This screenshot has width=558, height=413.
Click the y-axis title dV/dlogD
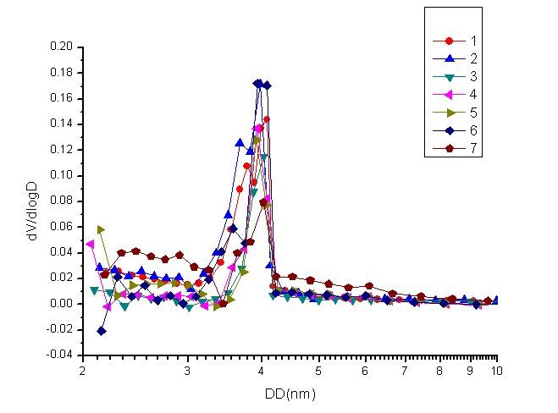click(x=31, y=201)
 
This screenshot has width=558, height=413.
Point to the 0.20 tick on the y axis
click(x=61, y=47)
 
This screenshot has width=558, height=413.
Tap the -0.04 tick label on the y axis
click(x=59, y=355)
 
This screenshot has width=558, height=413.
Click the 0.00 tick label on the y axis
click(x=61, y=304)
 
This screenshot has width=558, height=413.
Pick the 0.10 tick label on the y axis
click(x=61, y=176)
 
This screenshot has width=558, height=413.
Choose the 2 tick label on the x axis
click(x=82, y=371)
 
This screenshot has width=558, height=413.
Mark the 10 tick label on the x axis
click(x=496, y=371)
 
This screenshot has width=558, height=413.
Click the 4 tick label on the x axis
click(x=262, y=371)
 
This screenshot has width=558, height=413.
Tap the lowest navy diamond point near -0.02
click(x=102, y=331)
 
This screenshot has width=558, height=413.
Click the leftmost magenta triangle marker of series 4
click(x=91, y=245)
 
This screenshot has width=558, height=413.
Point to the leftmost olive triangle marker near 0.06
click(x=101, y=229)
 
